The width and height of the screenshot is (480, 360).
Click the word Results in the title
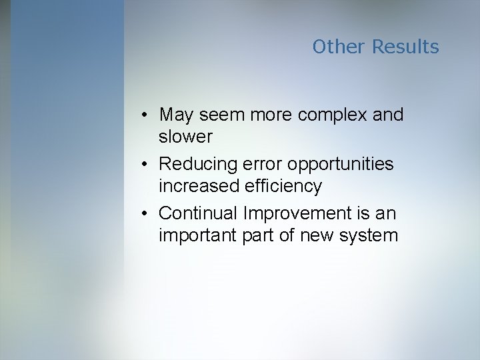pyautogui.click(x=405, y=47)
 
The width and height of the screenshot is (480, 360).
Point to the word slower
pyautogui.click(x=185, y=137)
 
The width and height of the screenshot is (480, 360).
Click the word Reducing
pyautogui.click(x=200, y=163)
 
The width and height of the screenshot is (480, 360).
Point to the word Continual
pyautogui.click(x=199, y=213)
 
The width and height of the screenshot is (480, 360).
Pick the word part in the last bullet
pyautogui.click(x=260, y=236)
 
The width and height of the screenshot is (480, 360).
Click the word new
pyautogui.click(x=315, y=236)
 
